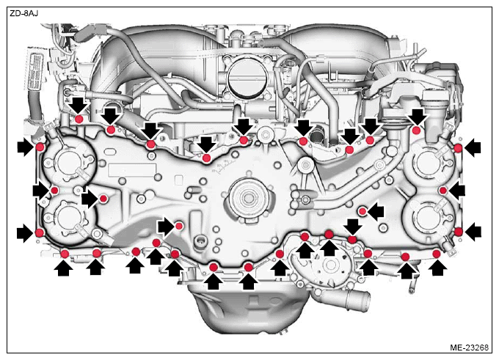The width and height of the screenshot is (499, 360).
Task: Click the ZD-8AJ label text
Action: [x=24, y=14]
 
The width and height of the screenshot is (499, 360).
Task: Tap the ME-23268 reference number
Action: [x=469, y=348]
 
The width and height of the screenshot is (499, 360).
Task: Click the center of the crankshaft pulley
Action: [x=247, y=197]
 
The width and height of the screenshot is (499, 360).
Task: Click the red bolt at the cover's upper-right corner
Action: [x=458, y=148]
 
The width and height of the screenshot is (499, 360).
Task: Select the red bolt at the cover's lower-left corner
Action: [x=39, y=232]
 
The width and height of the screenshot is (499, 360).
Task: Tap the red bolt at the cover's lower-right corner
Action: [x=458, y=232]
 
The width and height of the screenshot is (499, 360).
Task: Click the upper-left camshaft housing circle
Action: [x=68, y=161]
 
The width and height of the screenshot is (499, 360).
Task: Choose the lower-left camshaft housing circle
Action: [x=67, y=218]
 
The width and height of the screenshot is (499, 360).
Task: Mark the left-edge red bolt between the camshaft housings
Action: [x=54, y=190]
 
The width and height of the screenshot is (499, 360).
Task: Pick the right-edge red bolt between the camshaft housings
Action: [x=443, y=191]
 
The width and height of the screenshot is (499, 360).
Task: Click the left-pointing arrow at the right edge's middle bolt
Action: [x=456, y=191]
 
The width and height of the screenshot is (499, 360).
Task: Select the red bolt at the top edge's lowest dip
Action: [x=206, y=158]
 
